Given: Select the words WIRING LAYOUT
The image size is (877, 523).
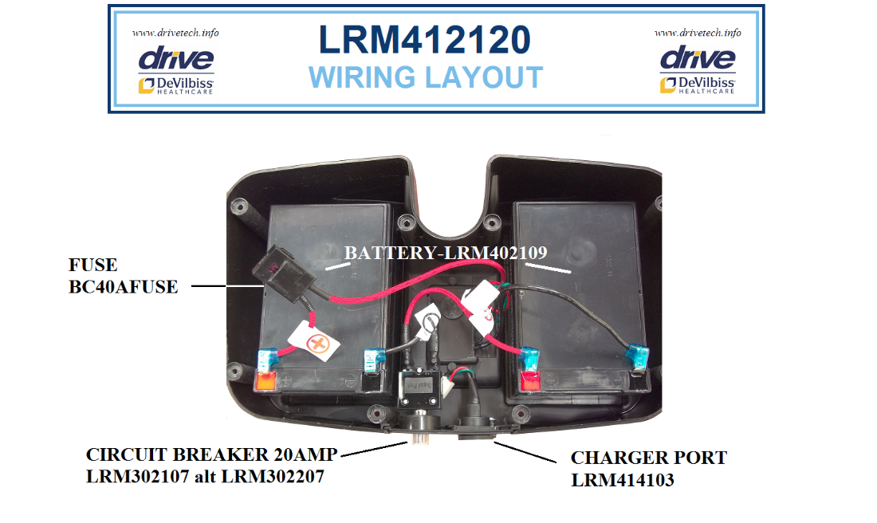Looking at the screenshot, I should click(x=425, y=78).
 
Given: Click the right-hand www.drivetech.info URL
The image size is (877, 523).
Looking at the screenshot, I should click(x=698, y=33).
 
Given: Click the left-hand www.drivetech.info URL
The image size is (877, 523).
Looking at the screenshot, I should click(x=175, y=33).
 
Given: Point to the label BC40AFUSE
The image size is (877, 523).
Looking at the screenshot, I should click(x=124, y=287).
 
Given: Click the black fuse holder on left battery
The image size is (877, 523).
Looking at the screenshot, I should click(x=275, y=271).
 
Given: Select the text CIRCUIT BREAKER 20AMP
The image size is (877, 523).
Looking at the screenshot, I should click(x=212, y=455).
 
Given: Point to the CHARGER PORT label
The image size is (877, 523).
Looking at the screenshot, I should click(x=648, y=458).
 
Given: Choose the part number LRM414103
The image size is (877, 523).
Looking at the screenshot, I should click(x=623, y=480).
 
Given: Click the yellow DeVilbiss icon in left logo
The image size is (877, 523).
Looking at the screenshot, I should click(x=145, y=85).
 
